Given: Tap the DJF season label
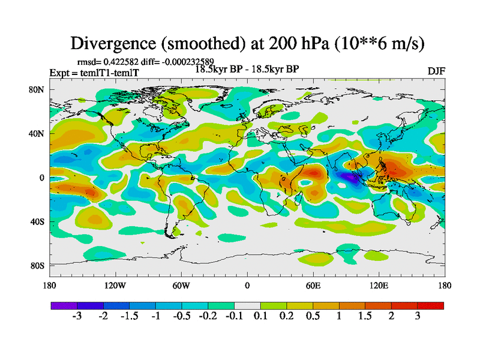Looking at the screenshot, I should tap(436, 71).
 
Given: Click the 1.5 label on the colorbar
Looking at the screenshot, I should tap(365, 316).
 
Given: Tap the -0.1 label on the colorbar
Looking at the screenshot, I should tap(234, 316).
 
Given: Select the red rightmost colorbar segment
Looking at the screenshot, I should tap(430, 305).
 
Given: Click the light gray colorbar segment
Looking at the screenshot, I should tap(247, 305).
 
